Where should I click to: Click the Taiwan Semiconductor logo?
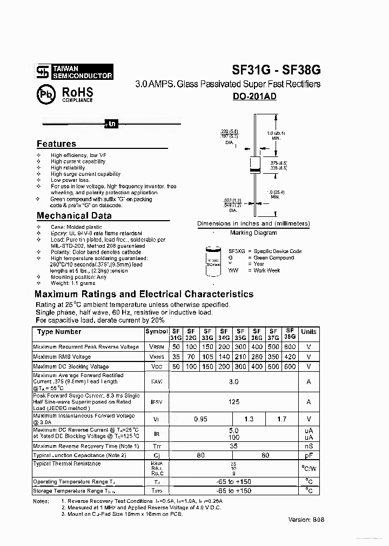[74, 72]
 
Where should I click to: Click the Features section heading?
[56, 144]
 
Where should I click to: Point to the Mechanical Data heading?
[74, 216]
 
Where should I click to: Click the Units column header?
[308, 332]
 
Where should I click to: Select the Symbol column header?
[156, 332]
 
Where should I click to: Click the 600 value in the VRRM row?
[290, 347]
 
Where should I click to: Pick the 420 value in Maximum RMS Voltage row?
[290, 357]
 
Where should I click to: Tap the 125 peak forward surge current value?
[233, 402]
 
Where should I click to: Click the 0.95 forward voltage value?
[200, 419]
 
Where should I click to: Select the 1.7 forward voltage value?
[281, 419]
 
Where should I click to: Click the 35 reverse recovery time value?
[233, 446]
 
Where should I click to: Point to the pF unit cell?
[308, 455]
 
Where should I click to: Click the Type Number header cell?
[59, 332]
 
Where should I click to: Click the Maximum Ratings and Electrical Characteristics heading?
[144, 295]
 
